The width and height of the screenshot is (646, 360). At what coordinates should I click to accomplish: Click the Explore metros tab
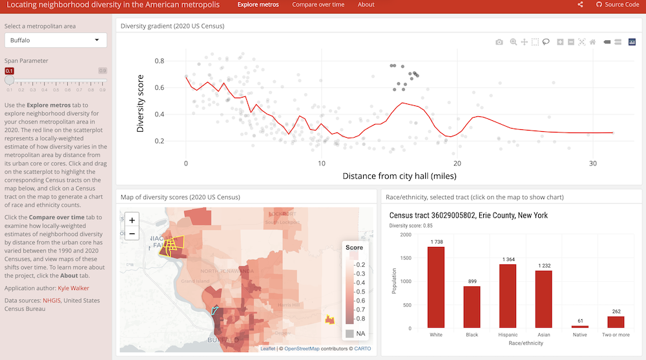click(x=258, y=5)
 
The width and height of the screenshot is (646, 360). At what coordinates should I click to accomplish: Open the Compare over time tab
click(x=318, y=5)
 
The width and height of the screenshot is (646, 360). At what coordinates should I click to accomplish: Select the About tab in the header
click(x=366, y=5)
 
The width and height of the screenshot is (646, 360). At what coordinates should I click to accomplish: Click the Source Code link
click(x=617, y=5)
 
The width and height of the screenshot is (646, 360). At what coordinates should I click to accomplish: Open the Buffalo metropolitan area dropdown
click(x=56, y=40)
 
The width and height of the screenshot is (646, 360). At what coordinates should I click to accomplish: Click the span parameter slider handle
click(x=9, y=81)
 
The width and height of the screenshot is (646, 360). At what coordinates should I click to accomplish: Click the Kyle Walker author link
click(x=73, y=288)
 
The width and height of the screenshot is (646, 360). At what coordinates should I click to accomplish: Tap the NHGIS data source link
click(x=52, y=301)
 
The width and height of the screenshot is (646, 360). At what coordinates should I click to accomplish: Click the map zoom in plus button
click(x=132, y=220)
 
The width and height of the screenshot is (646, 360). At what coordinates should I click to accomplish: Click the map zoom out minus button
click(x=132, y=233)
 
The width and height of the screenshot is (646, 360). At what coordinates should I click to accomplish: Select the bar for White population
click(x=436, y=287)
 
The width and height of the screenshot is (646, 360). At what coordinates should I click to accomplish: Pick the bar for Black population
click(x=472, y=307)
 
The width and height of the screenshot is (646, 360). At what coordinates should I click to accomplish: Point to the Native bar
click(x=580, y=326)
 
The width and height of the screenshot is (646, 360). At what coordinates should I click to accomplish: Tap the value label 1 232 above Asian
click(x=544, y=266)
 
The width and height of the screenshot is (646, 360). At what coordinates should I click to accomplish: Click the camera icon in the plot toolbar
click(x=499, y=42)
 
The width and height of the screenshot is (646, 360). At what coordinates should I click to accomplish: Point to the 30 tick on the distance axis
click(x=593, y=164)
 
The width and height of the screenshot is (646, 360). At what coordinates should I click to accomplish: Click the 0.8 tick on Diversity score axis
click(x=159, y=61)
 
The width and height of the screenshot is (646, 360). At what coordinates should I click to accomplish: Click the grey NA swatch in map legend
click(x=349, y=334)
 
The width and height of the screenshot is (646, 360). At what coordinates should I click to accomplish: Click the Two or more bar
click(x=616, y=322)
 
